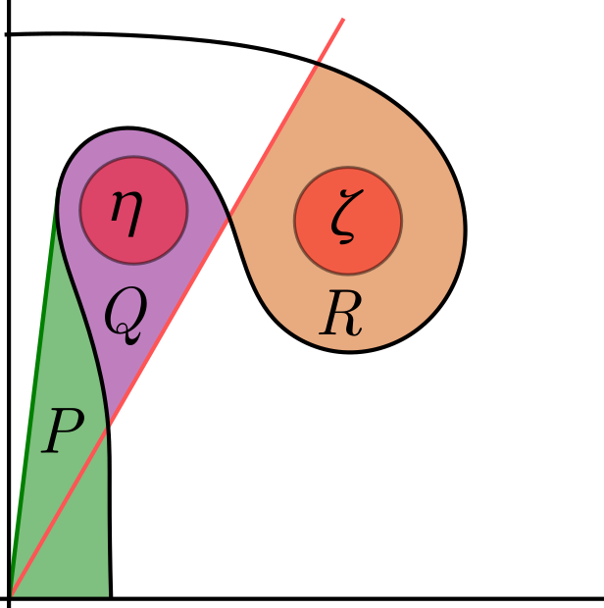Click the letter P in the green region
62,432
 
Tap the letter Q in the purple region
126,314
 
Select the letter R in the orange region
341,316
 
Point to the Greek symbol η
126,207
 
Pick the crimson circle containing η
157,235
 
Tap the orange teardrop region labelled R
412,294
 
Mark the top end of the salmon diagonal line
343,19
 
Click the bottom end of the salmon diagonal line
13,594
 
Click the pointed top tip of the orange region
315,66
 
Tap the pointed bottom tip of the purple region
111,426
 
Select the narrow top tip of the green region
56,190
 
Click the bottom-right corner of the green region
108,594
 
